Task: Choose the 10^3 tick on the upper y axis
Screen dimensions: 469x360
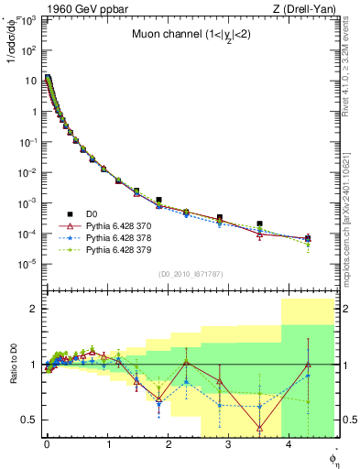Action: tap(31, 21)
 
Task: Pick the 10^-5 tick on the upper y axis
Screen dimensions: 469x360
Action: tap(31, 264)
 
